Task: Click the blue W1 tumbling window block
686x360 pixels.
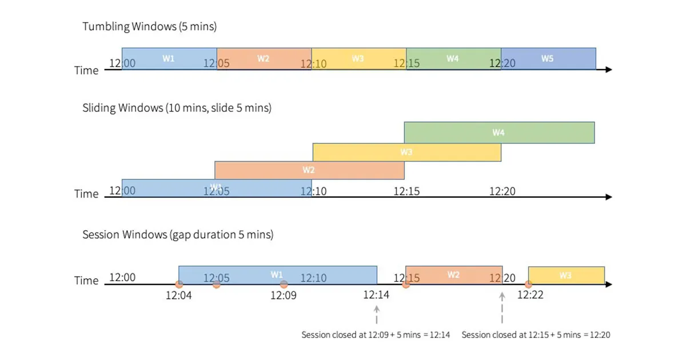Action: pos(169,59)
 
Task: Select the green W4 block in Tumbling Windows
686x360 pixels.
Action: pos(453,59)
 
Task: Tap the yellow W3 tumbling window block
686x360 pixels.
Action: pos(358,59)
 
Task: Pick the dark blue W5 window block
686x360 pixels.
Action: pos(548,59)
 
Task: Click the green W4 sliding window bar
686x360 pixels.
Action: pos(499,133)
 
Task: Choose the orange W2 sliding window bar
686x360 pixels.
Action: pos(309,170)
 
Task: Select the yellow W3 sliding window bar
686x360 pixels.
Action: pos(406,153)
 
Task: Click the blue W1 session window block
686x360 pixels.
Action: pos(277,275)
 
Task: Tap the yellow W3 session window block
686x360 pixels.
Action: pos(566,275)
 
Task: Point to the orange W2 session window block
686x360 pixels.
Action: pos(454,275)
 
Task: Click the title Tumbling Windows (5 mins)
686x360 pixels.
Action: pos(150,26)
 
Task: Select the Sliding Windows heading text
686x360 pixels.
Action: pos(177,107)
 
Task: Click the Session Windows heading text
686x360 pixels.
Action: pos(178,234)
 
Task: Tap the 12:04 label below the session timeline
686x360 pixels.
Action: pos(180,296)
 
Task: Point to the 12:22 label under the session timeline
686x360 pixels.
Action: pos(531,296)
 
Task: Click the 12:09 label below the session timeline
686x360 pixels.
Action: pos(284,296)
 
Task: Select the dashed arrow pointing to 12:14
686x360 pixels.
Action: pos(376,315)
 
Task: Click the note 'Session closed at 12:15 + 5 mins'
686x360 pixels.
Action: pos(535,335)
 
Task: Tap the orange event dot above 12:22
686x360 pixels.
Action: pos(528,284)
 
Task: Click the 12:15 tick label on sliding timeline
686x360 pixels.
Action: pos(406,191)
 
